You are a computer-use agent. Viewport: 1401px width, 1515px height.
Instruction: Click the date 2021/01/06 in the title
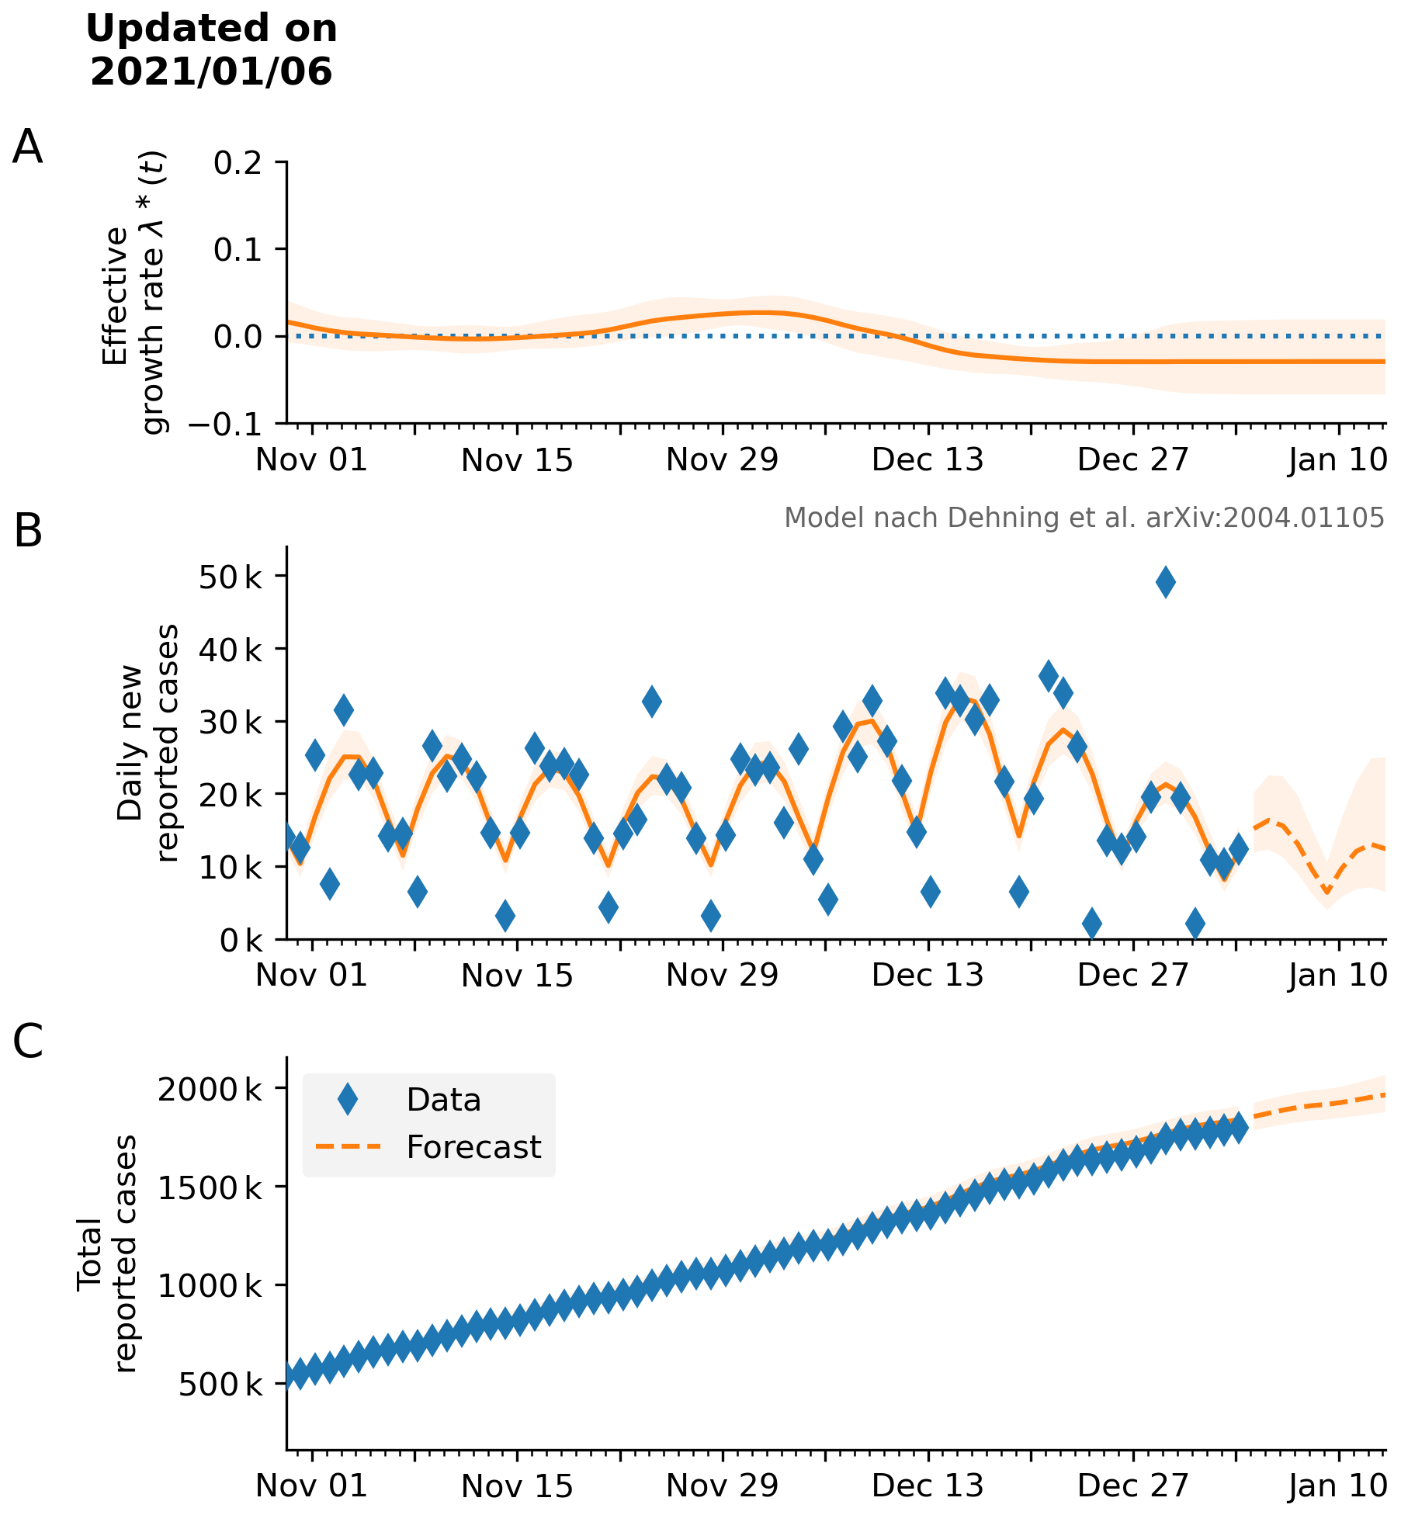coord(211,72)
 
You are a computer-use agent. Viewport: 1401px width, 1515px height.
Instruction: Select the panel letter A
coord(27,147)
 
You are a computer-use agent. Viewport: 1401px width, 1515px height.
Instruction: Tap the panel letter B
coord(28,532)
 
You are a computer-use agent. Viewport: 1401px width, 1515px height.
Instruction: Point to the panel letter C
coord(28,1042)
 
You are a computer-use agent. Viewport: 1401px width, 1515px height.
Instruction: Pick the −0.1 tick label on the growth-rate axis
coord(225,425)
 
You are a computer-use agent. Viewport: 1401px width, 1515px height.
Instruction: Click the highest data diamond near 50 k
coord(1165,582)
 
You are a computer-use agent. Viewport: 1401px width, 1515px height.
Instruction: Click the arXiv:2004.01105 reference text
coord(1265,518)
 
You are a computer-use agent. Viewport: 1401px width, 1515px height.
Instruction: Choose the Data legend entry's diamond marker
coord(348,1100)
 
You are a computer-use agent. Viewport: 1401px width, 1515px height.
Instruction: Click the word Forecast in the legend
coord(473,1147)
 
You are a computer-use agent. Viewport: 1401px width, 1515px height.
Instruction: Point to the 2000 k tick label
coord(210,1090)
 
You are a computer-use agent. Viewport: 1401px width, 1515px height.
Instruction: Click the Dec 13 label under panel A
coord(928,460)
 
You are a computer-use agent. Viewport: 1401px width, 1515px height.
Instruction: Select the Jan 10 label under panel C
coord(1337,1486)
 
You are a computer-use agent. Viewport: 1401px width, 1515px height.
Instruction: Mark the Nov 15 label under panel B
coord(517,976)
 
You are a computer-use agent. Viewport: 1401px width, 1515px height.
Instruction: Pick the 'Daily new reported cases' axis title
coord(147,743)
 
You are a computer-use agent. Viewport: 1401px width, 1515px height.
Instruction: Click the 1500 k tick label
coord(210,1187)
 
